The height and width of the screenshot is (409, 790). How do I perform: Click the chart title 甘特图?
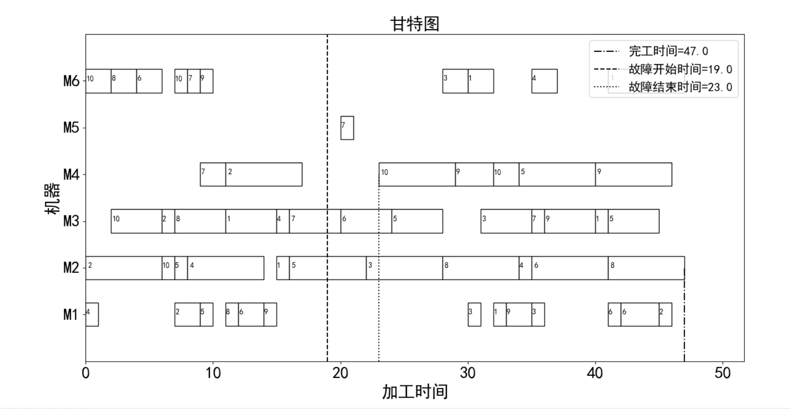coord(414,24)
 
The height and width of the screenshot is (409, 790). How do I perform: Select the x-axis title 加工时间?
coord(415,392)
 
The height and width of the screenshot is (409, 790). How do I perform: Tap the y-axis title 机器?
coord(53,198)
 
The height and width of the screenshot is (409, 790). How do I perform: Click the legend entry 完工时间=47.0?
coord(668,51)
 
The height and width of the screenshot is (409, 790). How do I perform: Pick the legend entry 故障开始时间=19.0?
coord(680,70)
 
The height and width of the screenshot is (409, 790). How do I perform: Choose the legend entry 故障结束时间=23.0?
coord(680,87)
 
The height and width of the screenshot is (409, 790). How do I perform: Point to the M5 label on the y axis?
coord(71,128)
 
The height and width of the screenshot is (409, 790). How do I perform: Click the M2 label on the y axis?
coord(71,268)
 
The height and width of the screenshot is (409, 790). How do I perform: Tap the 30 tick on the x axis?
coord(468,373)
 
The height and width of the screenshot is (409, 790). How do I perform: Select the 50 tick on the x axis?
coord(722,373)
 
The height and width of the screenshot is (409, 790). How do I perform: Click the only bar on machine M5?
coord(347,128)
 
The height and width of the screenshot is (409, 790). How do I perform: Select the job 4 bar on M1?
coord(92,315)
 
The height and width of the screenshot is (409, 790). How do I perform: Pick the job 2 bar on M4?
coord(264,175)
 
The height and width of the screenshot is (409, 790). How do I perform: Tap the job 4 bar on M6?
coord(544,81)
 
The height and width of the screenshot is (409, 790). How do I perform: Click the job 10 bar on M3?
coord(136,221)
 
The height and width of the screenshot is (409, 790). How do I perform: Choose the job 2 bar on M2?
coord(124,268)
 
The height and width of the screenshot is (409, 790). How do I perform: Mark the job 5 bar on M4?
coord(557,175)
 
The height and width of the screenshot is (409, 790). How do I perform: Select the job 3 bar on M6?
coord(455,81)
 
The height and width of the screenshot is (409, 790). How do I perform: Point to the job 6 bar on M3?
coord(366,221)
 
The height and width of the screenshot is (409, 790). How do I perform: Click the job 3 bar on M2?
coord(404,268)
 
